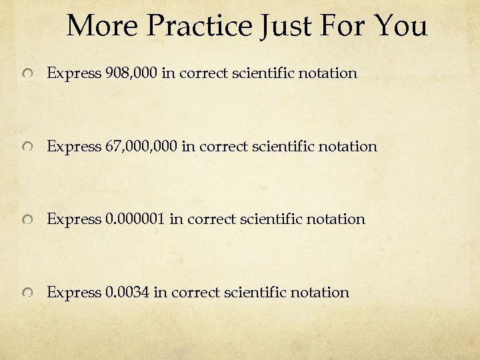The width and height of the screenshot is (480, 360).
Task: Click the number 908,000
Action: point(131,73)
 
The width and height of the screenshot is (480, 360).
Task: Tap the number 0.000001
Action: point(135,219)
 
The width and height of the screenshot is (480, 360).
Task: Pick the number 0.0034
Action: point(127,292)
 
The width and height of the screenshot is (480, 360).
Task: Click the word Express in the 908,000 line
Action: point(73,73)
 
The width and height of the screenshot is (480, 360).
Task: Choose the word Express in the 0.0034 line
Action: point(73,292)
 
